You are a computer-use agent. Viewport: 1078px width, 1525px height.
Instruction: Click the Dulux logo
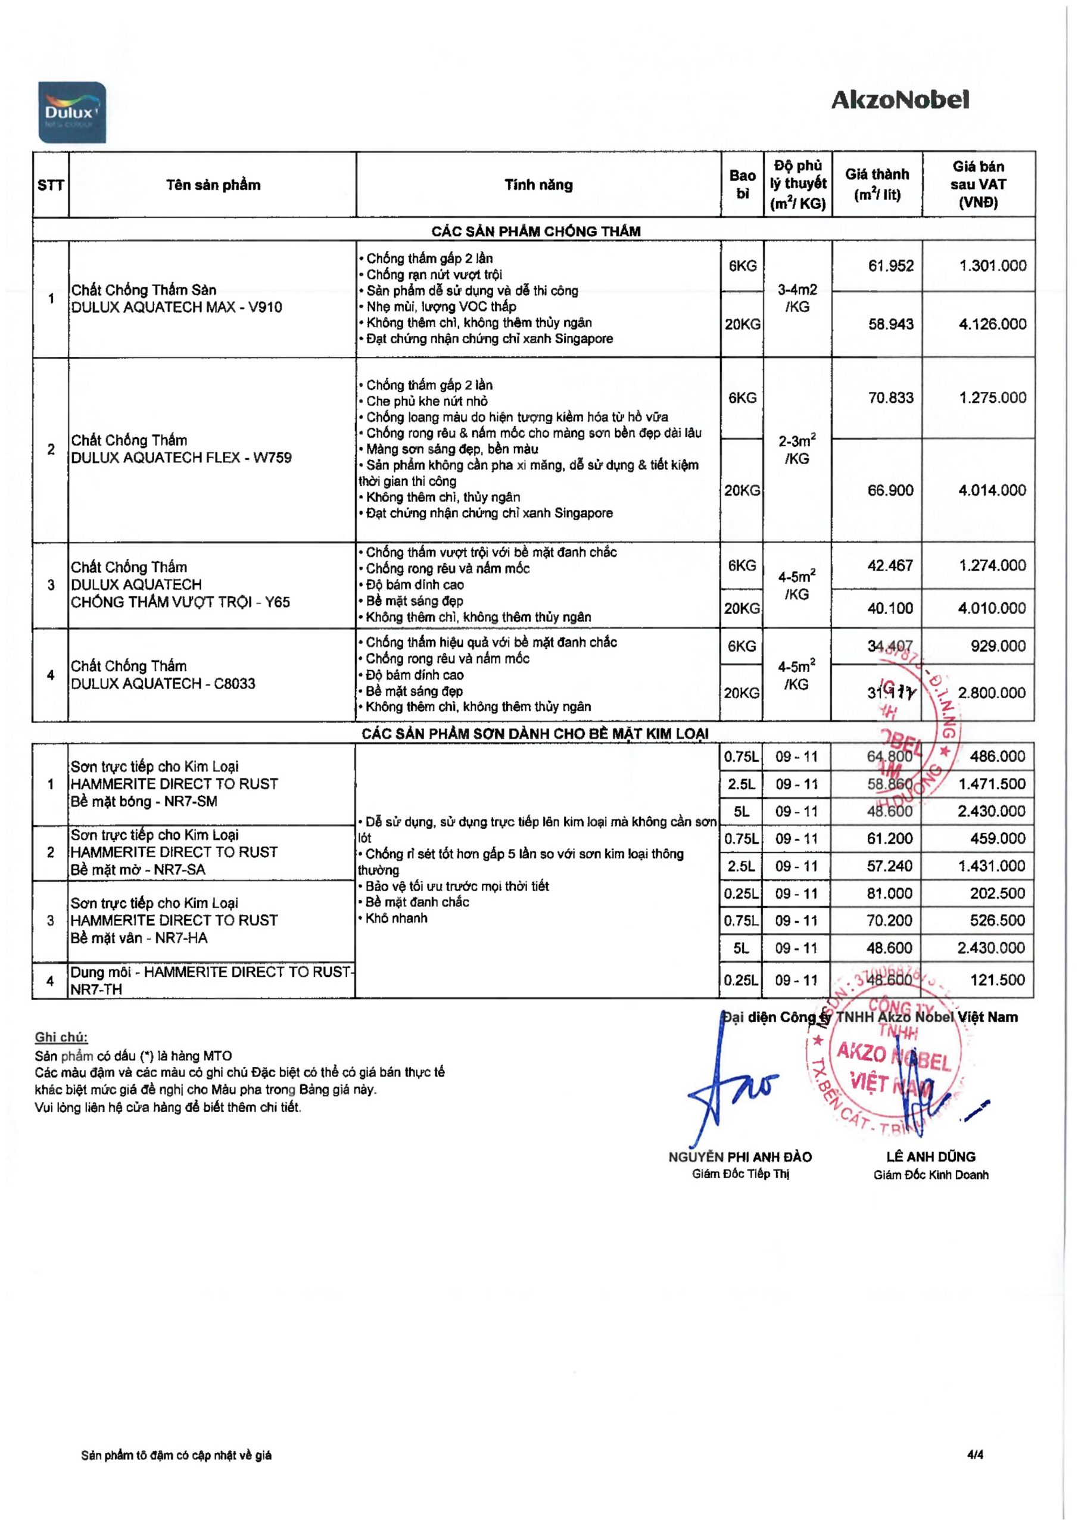[x=71, y=112]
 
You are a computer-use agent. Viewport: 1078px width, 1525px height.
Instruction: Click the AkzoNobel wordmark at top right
[x=899, y=100]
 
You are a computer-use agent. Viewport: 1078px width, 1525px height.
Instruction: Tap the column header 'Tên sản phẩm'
[x=213, y=185]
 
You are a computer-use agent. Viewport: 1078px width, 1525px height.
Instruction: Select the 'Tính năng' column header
[x=538, y=185]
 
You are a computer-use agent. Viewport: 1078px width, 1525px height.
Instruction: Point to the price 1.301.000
[x=992, y=266]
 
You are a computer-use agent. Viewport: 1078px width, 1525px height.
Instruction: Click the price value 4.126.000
[x=992, y=324]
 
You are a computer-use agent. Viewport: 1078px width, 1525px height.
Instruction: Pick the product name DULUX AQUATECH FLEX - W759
[x=181, y=457]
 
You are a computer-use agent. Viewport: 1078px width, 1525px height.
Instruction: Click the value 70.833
[x=891, y=398]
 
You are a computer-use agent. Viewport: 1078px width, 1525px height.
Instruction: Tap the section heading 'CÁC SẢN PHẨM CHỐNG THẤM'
[x=535, y=231]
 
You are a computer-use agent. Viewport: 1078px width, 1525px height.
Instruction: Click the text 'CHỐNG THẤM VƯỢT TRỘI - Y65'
[x=180, y=602]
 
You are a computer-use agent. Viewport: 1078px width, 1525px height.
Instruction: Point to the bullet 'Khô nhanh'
[x=396, y=919]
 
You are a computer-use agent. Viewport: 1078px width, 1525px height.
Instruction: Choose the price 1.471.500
[x=992, y=784]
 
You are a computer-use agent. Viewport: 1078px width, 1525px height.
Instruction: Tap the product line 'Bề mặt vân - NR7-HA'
[x=139, y=938]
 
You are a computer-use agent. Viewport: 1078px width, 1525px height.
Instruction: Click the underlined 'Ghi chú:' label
[x=61, y=1038]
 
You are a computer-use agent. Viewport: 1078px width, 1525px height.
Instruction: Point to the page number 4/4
[x=975, y=1455]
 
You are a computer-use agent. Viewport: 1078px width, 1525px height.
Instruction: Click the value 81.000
[x=889, y=894]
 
